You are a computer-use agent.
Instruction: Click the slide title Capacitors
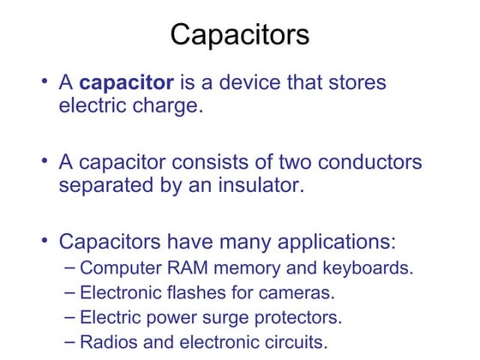239,35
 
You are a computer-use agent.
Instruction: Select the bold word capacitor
127,83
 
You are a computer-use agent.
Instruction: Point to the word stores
355,83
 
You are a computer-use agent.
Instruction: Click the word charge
168,108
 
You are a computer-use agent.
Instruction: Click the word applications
333,241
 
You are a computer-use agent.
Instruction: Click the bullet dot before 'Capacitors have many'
45,239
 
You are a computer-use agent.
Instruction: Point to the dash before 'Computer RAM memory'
70,267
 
